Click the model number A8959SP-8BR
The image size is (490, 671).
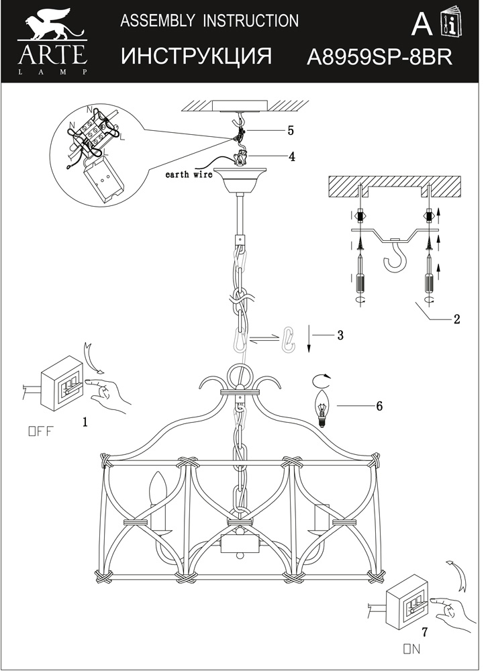pyautogui.click(x=379, y=56)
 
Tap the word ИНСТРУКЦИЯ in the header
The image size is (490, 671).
pyautogui.click(x=197, y=56)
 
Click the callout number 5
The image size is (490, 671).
pyautogui.click(x=291, y=129)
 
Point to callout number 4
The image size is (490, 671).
pyautogui.click(x=291, y=156)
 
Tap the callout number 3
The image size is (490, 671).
pyautogui.click(x=340, y=334)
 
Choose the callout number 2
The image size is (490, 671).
pyautogui.click(x=456, y=319)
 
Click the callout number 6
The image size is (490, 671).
pyautogui.click(x=379, y=406)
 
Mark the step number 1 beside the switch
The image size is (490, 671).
pyautogui.click(x=85, y=421)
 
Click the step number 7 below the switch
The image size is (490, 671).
pyautogui.click(x=424, y=631)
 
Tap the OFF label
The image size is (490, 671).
pyautogui.click(x=39, y=431)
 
